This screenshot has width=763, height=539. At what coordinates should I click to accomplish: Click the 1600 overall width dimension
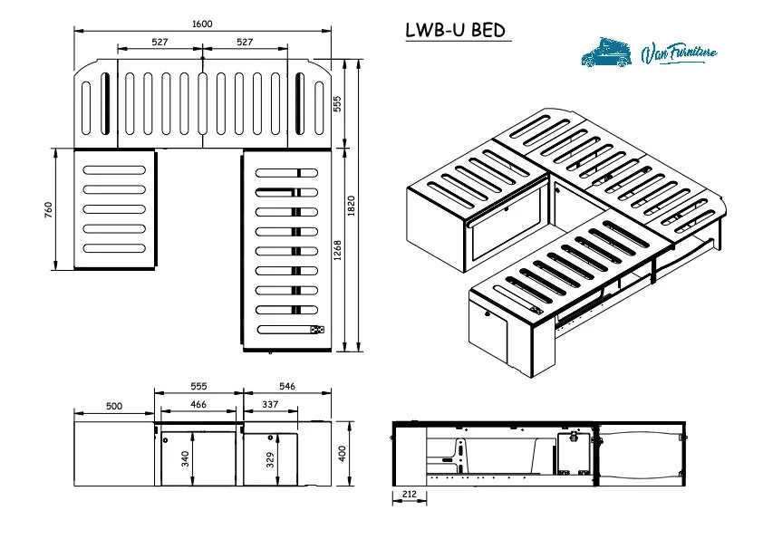pos(202,24)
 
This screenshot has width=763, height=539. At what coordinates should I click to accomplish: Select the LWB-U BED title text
pos(455,30)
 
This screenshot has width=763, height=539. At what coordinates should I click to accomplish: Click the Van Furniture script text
pos(678,53)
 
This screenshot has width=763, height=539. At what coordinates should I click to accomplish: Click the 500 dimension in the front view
pos(113,407)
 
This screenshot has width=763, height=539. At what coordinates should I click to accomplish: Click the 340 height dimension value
pos(186,459)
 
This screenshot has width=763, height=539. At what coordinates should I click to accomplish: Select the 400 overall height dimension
pos(342,453)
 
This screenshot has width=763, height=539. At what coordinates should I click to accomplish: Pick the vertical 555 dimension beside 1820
pos(338,103)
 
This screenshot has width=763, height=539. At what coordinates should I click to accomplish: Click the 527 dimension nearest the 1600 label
pos(159,42)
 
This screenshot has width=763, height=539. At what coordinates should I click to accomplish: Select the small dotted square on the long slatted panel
pos(315,331)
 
